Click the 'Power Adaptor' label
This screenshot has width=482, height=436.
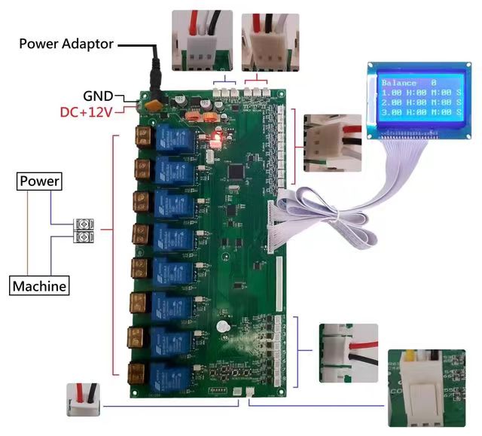66,44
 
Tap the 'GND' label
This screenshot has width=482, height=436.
98,96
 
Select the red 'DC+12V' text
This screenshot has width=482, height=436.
87,112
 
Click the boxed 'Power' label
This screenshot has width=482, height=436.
40,181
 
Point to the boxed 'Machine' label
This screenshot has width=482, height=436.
39,286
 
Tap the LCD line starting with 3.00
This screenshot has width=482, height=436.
420,111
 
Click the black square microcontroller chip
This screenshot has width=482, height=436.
236,170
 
